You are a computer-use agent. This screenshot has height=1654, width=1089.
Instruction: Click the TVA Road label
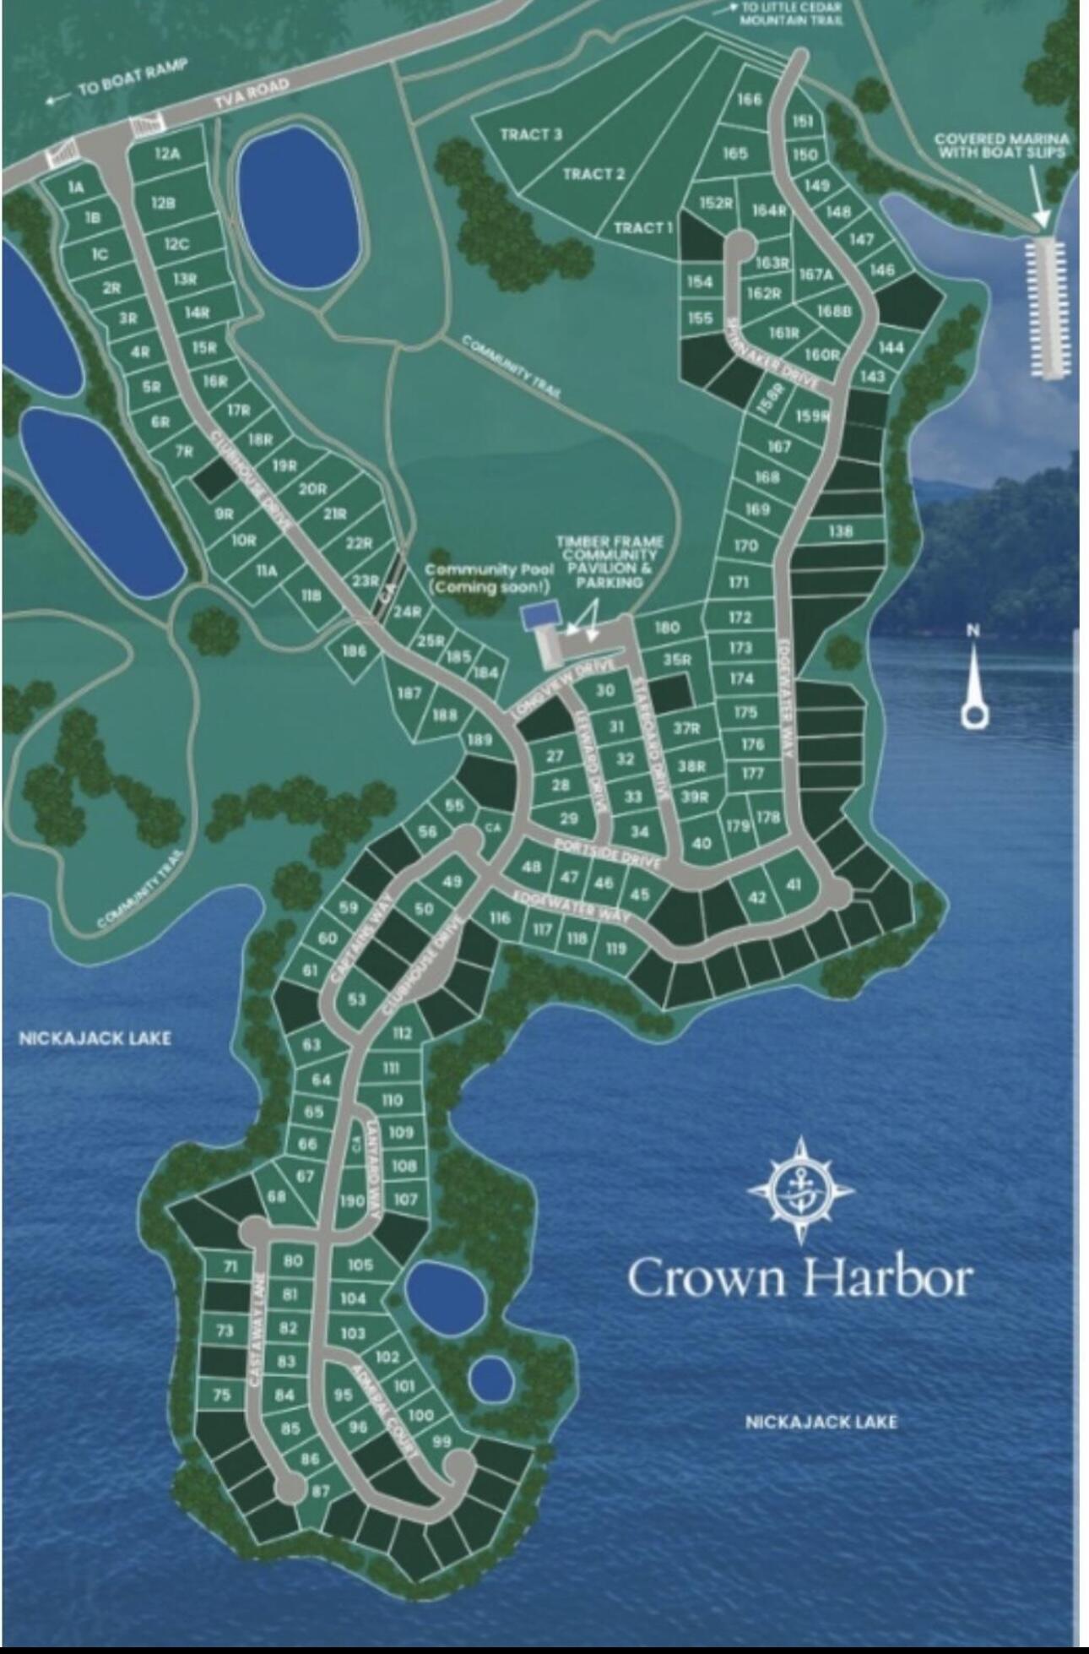251,95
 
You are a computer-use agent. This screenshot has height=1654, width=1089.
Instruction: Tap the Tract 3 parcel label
530,134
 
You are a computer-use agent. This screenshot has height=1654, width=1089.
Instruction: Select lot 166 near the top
749,100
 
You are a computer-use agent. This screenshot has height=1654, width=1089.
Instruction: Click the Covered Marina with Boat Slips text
1000,145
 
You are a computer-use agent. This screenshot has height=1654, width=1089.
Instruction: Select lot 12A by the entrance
167,154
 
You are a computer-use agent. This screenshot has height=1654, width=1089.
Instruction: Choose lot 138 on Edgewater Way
840,531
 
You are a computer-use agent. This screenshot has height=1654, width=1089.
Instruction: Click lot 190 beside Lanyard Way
351,1200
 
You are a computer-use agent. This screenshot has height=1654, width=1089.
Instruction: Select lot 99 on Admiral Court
441,1442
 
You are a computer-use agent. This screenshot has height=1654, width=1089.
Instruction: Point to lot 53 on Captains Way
356,1000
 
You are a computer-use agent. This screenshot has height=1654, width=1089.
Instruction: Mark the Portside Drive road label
606,854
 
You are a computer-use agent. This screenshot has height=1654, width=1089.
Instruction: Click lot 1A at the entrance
76,188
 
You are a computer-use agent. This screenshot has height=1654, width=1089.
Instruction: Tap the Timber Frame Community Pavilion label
610,561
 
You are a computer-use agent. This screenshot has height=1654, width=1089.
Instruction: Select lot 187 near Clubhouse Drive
409,694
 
